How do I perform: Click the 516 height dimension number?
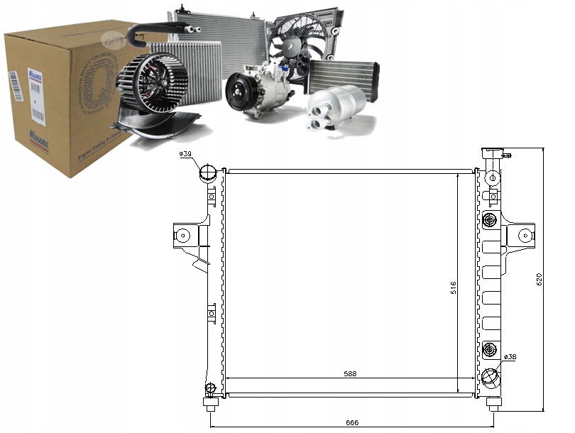(x=453, y=287)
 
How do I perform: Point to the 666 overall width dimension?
(x=352, y=422)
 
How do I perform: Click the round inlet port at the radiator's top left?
(x=207, y=172)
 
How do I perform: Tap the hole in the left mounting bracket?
(x=183, y=234)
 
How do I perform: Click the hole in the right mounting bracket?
(x=525, y=234)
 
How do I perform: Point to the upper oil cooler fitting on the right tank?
(x=488, y=221)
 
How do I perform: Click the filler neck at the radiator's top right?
(x=491, y=154)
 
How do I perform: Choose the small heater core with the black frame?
(x=343, y=76)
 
